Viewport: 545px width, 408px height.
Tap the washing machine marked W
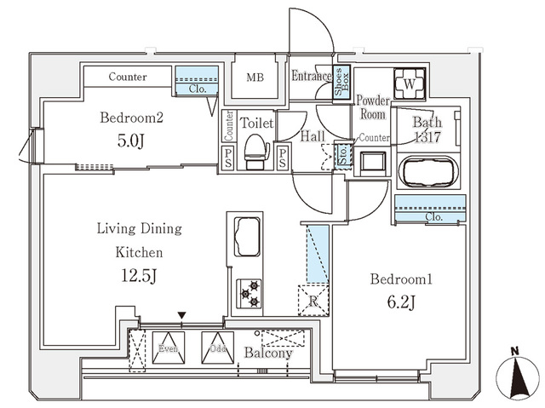point(406,84)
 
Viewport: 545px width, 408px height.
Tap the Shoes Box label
point(339,83)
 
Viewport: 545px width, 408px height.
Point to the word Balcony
point(268,353)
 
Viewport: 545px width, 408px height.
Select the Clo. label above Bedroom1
point(433,217)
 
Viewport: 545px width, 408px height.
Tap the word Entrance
point(310,77)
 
